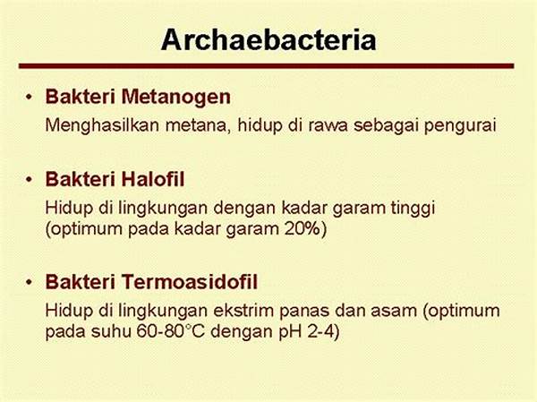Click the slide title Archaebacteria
268,39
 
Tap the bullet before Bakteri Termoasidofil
30,284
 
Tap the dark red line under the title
268,65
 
